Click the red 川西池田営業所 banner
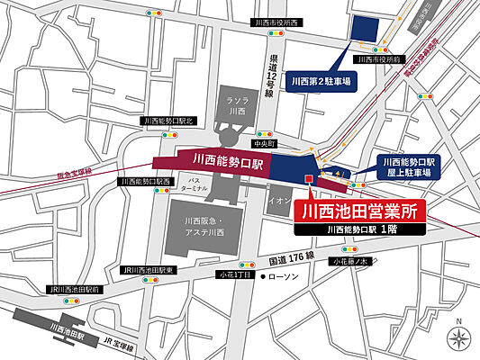click(358, 210)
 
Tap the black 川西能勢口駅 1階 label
click(358, 230)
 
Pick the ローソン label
click(287, 278)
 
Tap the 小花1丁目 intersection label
click(232, 274)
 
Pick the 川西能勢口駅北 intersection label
click(169, 119)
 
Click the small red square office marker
click(310, 179)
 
